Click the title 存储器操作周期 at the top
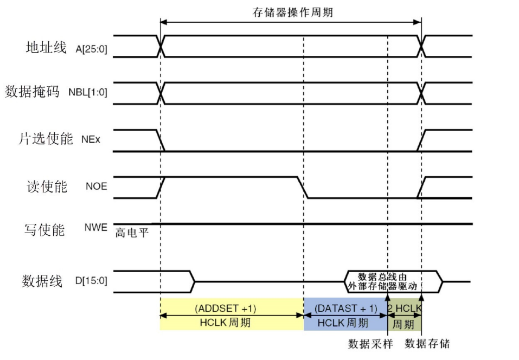pos(293,12)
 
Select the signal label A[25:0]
pos(91,49)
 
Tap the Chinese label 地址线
pos(46,48)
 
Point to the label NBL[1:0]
pos(87,93)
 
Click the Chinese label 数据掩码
pos(33,92)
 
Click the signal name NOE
pos(96,187)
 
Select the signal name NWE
pos(96,228)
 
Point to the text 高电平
pos(132,234)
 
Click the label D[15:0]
pos(91,281)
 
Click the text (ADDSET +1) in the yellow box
pos(225,308)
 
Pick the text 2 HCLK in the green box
pos(405,308)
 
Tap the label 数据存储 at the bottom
pos(427,344)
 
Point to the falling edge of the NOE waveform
pos(302,187)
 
